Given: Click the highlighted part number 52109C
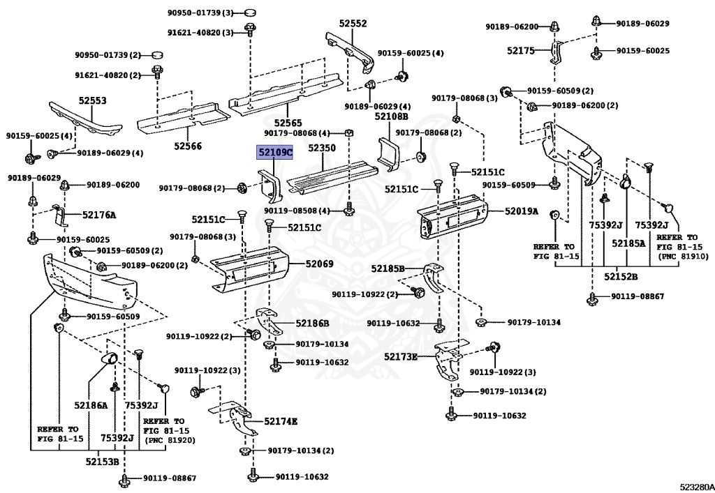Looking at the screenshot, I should [x=276, y=152].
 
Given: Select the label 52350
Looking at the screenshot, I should [x=322, y=149].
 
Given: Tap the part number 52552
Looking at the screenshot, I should [x=353, y=23].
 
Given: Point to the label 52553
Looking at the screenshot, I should [x=92, y=100].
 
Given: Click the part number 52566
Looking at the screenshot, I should [x=188, y=146].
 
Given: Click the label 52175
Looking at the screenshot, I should [x=521, y=50].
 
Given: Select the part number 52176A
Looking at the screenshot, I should [x=99, y=215].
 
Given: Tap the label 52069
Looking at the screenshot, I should [x=319, y=264].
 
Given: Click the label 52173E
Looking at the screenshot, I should [x=400, y=356].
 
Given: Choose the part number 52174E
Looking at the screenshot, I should [x=281, y=421].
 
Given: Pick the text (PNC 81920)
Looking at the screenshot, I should [x=170, y=441].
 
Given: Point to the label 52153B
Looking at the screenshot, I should [x=102, y=461].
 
